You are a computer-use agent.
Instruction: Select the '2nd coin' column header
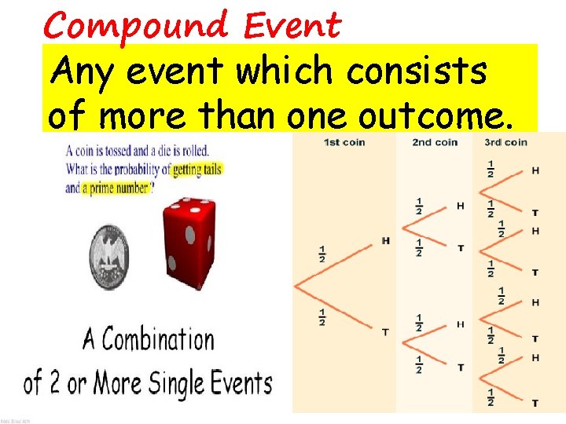click(435, 142)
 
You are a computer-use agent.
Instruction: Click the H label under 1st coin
click(385, 241)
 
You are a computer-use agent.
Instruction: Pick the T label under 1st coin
click(385, 332)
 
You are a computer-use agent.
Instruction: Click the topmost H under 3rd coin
click(535, 170)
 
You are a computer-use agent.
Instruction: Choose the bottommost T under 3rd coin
click(535, 403)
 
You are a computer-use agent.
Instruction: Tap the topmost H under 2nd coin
click(461, 207)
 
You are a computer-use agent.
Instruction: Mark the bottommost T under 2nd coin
click(461, 367)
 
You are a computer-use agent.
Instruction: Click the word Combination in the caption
click(159, 340)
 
